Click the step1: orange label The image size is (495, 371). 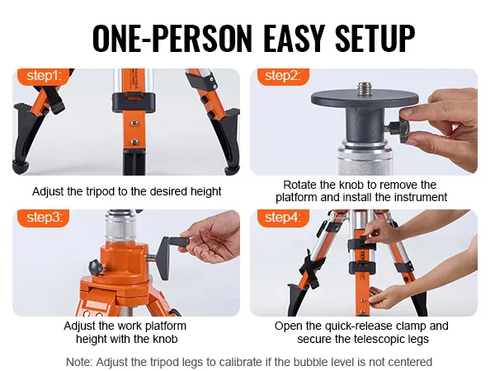tap(43, 76)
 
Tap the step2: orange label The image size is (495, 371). tap(283, 76)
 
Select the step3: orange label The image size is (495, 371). tap(43, 218)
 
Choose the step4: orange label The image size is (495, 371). tap(283, 218)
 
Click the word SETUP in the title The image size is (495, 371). tap(375, 38)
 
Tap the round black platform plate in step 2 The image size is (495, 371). tap(365, 98)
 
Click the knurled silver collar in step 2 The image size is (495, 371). tap(365, 160)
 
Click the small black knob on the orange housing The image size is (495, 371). tap(96, 267)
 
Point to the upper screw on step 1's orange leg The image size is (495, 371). tap(134, 123)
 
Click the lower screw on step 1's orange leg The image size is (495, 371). tap(134, 142)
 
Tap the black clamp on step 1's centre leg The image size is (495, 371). tap(134, 102)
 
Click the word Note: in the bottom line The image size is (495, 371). tap(79, 362)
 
